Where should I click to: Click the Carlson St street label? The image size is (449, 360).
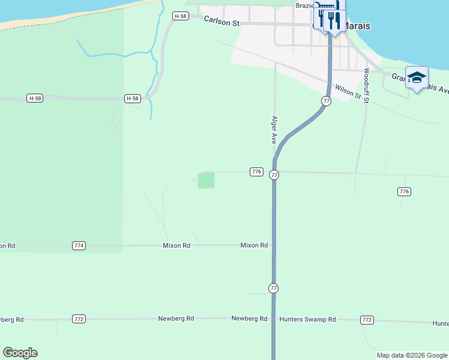click(221, 21)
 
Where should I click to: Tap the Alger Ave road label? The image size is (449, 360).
click(274, 130)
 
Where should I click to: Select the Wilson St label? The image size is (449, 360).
click(348, 91)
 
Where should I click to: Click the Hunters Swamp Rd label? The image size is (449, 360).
click(307, 320)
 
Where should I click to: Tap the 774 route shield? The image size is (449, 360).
click(79, 245)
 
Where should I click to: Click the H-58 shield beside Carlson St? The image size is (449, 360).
click(180, 16)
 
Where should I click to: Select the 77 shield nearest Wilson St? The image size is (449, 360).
click(326, 101)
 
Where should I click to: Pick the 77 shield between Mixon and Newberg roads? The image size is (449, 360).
click(274, 288)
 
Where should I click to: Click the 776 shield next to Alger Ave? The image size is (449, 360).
click(256, 172)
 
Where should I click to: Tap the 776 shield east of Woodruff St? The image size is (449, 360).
click(404, 191)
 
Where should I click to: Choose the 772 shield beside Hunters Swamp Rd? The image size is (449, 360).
click(367, 320)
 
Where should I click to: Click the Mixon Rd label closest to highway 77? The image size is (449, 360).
click(254, 245)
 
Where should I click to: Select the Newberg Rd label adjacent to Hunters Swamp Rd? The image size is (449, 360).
click(249, 319)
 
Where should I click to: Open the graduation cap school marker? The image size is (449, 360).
click(417, 77)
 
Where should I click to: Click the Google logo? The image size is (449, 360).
click(20, 353)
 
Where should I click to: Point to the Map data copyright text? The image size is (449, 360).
click(412, 355)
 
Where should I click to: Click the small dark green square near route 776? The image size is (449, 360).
click(206, 180)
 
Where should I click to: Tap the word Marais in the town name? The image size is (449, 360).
click(358, 26)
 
